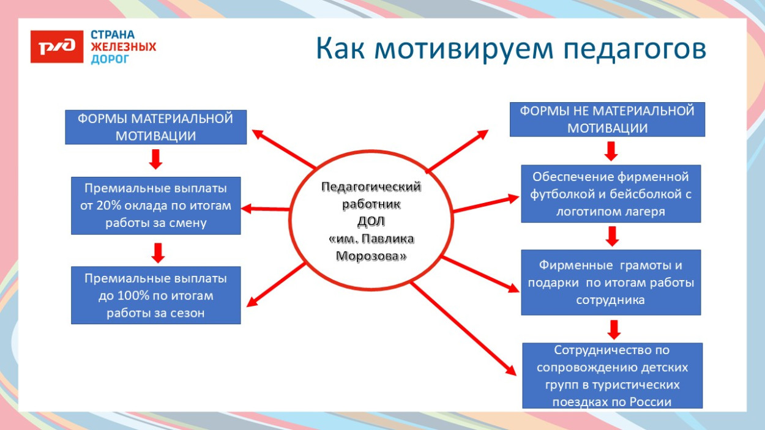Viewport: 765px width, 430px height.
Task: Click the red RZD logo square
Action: (x=56, y=46)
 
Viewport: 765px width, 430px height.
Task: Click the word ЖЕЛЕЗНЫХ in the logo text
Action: (x=124, y=47)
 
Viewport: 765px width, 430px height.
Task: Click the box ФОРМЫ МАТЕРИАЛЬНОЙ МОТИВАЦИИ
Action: (x=155, y=127)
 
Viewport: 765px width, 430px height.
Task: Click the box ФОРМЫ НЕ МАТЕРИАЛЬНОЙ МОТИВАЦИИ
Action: (x=607, y=119)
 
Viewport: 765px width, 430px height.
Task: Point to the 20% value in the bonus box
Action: (x=109, y=206)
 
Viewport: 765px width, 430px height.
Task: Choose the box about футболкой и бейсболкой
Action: (x=611, y=194)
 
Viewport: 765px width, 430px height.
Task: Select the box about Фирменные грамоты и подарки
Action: (x=611, y=283)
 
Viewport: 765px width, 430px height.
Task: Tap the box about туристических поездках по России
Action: (x=612, y=376)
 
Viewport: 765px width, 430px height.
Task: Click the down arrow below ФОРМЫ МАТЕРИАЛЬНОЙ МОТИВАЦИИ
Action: (x=156, y=159)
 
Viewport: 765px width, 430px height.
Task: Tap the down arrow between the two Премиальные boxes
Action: (x=158, y=252)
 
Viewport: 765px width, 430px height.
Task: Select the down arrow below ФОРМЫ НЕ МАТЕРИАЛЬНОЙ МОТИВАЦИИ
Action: (x=611, y=150)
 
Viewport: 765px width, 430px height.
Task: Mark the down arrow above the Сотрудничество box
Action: (x=614, y=329)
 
